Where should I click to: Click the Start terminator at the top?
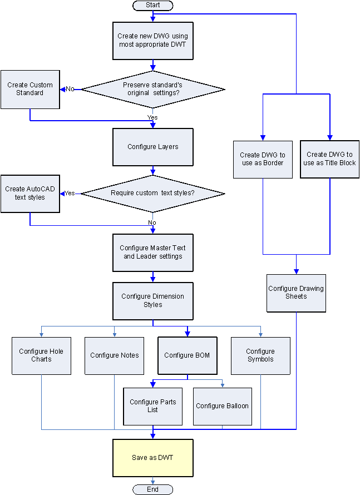pyautogui.click(x=152, y=5)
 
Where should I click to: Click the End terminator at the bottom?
pyautogui.click(x=152, y=489)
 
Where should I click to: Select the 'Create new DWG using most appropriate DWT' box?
pyautogui.click(x=153, y=40)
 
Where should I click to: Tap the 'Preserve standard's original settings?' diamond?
pyautogui.click(x=153, y=89)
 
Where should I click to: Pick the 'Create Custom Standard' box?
pyautogui.click(x=30, y=89)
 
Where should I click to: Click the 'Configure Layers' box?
pyautogui.click(x=153, y=147)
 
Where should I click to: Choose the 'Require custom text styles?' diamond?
pyautogui.click(x=153, y=194)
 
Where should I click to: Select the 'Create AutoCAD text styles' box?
pyautogui.click(x=30, y=193)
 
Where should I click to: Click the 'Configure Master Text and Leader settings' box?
pyautogui.click(x=153, y=252)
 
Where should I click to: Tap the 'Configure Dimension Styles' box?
pyautogui.click(x=153, y=300)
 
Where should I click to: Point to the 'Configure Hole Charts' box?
pyautogui.click(x=42, y=355)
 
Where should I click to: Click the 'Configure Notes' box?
pyautogui.click(x=115, y=355)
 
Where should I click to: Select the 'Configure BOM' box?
pyautogui.click(x=187, y=355)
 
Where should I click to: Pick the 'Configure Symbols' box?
pyautogui.click(x=260, y=355)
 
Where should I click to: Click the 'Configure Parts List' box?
pyautogui.click(x=153, y=406)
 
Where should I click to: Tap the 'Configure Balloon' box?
pyautogui.click(x=223, y=406)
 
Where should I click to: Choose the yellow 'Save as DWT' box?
pyautogui.click(x=153, y=458)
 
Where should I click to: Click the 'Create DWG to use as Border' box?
pyautogui.click(x=263, y=159)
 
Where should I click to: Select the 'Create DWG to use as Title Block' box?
pyautogui.click(x=329, y=159)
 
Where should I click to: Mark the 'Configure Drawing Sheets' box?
pyautogui.click(x=296, y=293)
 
